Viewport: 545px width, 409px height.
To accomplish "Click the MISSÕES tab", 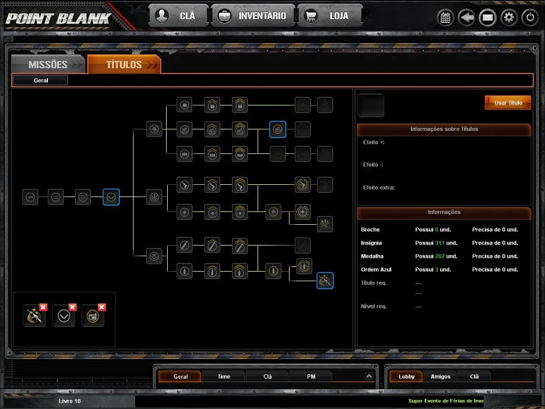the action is [x=48, y=64].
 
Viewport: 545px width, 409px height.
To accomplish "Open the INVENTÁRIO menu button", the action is [x=253, y=15].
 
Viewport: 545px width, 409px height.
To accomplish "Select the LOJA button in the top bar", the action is [x=330, y=15].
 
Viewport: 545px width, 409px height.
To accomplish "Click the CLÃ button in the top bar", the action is [x=179, y=15].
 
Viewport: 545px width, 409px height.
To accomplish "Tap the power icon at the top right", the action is [x=530, y=17].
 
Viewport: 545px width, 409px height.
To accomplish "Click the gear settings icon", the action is [x=509, y=17].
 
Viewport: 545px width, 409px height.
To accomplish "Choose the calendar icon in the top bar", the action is [x=445, y=18].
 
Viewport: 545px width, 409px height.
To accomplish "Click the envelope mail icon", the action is [x=488, y=18].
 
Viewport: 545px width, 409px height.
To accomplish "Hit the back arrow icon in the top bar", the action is [x=466, y=18].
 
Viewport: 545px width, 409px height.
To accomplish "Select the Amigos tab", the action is [x=440, y=377].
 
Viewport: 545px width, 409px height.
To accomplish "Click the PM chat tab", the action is [x=311, y=377].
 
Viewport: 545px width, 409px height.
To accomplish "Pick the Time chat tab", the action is [x=224, y=377].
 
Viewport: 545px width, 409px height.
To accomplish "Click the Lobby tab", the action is [x=406, y=377].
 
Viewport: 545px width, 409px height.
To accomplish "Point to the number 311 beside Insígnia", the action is [x=440, y=243].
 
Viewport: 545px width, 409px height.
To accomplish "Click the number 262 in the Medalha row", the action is [x=440, y=256].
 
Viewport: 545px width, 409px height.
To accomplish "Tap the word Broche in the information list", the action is [x=370, y=230].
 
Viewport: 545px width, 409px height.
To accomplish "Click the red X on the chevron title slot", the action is [x=72, y=307].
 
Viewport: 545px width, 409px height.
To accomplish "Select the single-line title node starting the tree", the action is [x=30, y=197].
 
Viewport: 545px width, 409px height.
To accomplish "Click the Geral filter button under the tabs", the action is [x=40, y=80].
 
